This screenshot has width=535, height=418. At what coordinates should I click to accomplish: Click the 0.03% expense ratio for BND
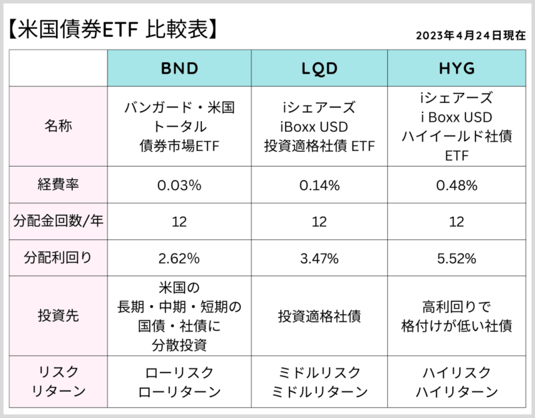[x=179, y=185]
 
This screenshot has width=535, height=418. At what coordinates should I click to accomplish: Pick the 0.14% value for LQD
[x=319, y=185]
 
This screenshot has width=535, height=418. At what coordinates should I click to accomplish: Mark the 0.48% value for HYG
[x=456, y=185]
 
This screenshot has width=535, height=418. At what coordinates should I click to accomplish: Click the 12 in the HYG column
[x=456, y=221]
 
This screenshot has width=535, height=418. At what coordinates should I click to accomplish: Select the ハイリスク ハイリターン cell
[x=456, y=382]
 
